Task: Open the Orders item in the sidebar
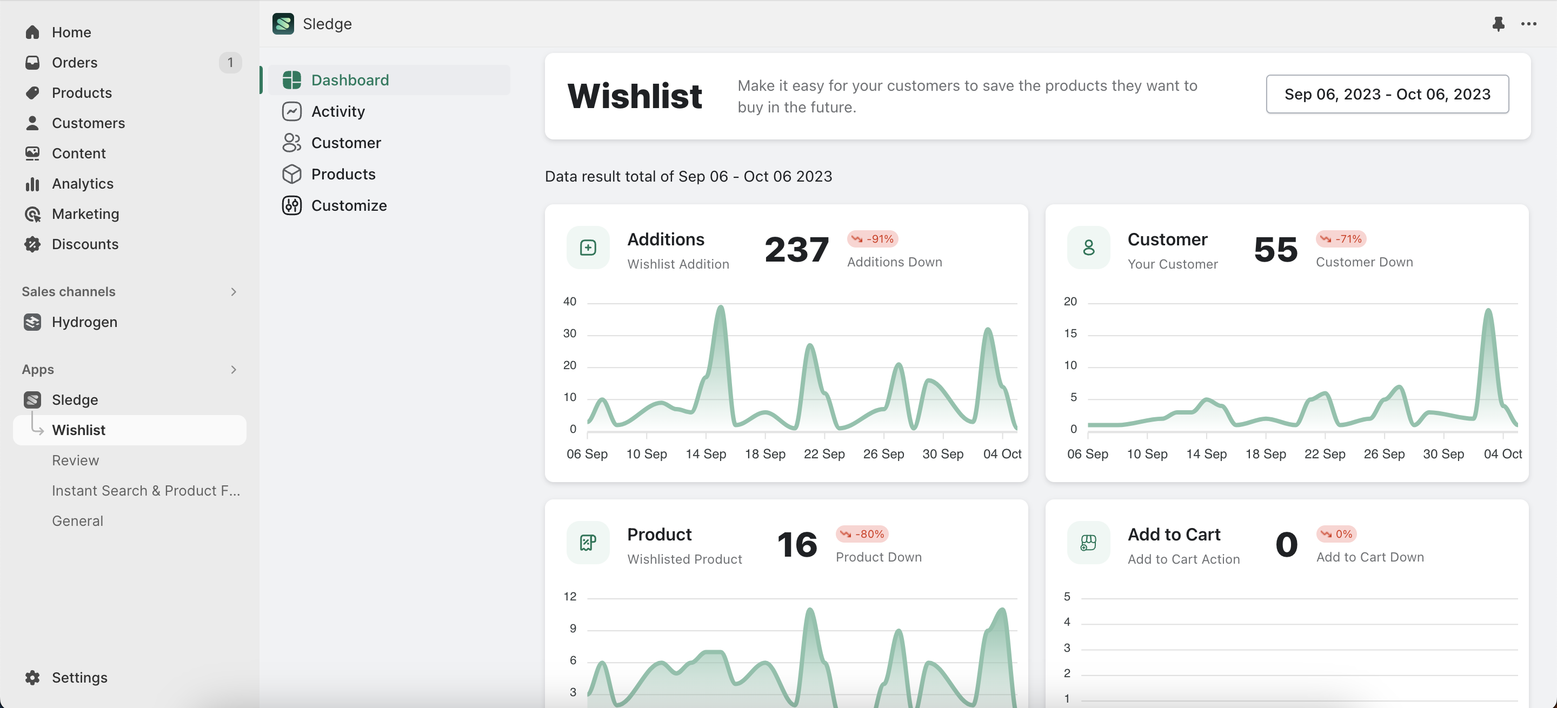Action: [x=75, y=63]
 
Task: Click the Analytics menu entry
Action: [x=82, y=184]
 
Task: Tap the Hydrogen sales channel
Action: [x=84, y=322]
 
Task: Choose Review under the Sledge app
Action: [x=75, y=460]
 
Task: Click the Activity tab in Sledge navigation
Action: [x=338, y=112]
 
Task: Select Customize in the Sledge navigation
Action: [x=349, y=206]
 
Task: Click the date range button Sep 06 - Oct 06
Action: [x=1387, y=94]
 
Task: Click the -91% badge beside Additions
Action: [x=873, y=239]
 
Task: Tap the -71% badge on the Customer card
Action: [x=1341, y=239]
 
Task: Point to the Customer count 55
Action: [x=1275, y=250]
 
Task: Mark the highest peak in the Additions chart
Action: [x=721, y=308]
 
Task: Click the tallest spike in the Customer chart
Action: [x=1488, y=311]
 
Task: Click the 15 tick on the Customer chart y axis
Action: [x=1070, y=333]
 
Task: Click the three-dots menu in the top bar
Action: [x=1528, y=24]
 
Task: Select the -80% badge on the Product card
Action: [x=862, y=534]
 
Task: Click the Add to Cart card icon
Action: [x=1088, y=543]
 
